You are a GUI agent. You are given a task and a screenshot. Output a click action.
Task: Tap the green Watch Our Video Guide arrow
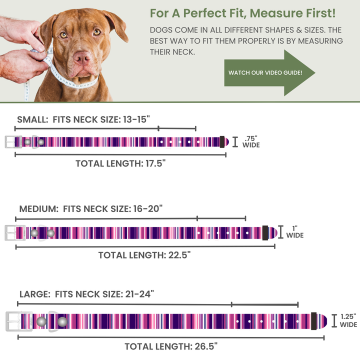point(269,73)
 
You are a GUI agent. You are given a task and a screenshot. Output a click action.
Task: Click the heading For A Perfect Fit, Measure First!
point(242,12)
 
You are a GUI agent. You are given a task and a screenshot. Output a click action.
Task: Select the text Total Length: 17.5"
point(120,163)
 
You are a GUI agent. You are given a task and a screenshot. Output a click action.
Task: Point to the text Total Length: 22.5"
point(144,255)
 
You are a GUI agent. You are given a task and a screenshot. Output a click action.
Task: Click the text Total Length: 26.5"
point(170,346)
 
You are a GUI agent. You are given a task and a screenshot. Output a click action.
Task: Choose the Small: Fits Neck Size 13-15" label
point(83,119)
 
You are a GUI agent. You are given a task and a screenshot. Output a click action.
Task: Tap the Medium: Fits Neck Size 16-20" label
point(91,208)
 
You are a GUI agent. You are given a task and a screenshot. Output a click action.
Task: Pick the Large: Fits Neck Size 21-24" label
point(86,294)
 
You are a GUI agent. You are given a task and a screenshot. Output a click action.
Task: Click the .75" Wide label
point(251,142)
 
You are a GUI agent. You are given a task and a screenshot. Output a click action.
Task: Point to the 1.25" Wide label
point(348,320)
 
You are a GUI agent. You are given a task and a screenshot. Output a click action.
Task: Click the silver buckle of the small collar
point(13,142)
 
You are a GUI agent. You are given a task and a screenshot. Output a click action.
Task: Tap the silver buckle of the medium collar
point(15,233)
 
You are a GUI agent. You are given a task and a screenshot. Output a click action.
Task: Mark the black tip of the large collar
point(313,320)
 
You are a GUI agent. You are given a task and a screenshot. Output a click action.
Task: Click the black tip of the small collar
point(222,142)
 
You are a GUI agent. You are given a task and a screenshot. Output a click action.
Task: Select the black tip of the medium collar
point(265,232)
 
